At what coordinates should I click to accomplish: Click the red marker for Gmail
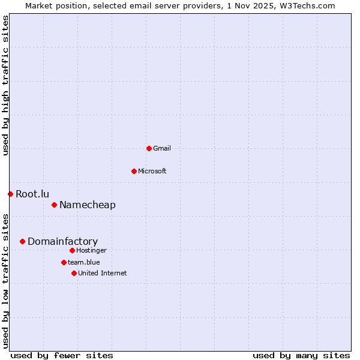tap(149, 148)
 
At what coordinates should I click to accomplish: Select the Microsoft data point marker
tap(134, 171)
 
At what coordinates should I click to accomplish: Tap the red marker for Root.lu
tap(10, 194)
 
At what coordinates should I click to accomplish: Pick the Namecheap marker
tap(54, 205)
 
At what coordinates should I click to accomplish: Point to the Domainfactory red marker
tap(22, 241)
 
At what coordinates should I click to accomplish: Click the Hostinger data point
tap(72, 250)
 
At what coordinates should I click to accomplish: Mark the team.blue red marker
tap(64, 262)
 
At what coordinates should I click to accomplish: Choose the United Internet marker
tap(74, 273)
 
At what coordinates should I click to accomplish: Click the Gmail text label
tap(162, 148)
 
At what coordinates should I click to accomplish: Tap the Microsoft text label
tap(152, 171)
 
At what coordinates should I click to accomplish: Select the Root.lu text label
tap(32, 194)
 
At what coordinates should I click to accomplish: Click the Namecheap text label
tap(88, 205)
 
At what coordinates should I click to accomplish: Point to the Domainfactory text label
tap(62, 241)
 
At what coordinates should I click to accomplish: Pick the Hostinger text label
tap(91, 250)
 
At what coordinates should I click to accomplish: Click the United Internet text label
tap(103, 273)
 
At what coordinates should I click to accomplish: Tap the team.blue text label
tap(84, 262)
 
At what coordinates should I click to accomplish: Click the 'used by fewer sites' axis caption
tap(62, 355)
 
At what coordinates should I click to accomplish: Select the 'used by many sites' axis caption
tap(301, 355)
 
